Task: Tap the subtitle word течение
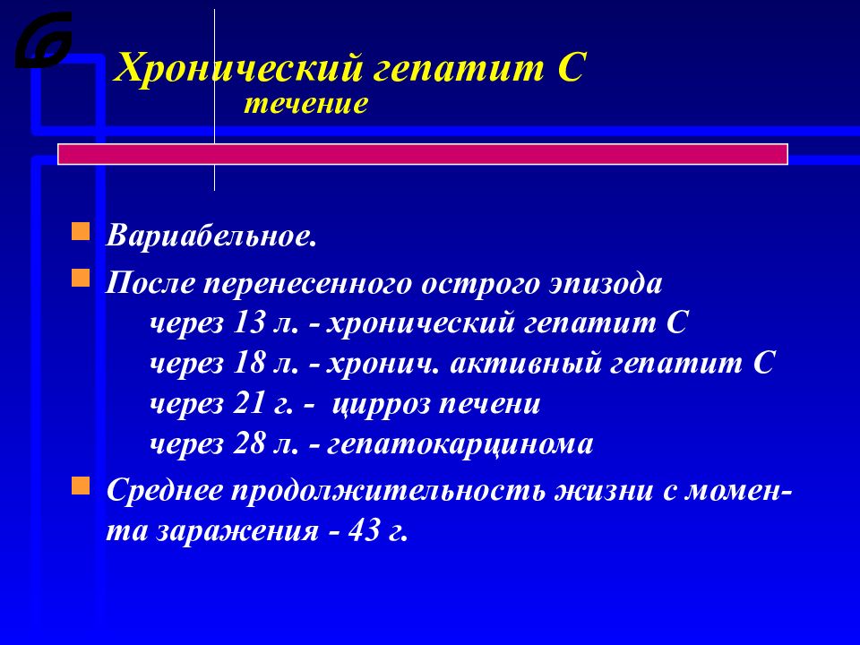coord(305,104)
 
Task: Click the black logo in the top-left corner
coord(43,40)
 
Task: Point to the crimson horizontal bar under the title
coord(422,154)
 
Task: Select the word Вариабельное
coord(211,236)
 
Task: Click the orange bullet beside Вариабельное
coord(81,233)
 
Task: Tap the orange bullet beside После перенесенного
coord(81,279)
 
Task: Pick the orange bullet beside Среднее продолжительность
coord(81,486)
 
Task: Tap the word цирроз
coord(382,405)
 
